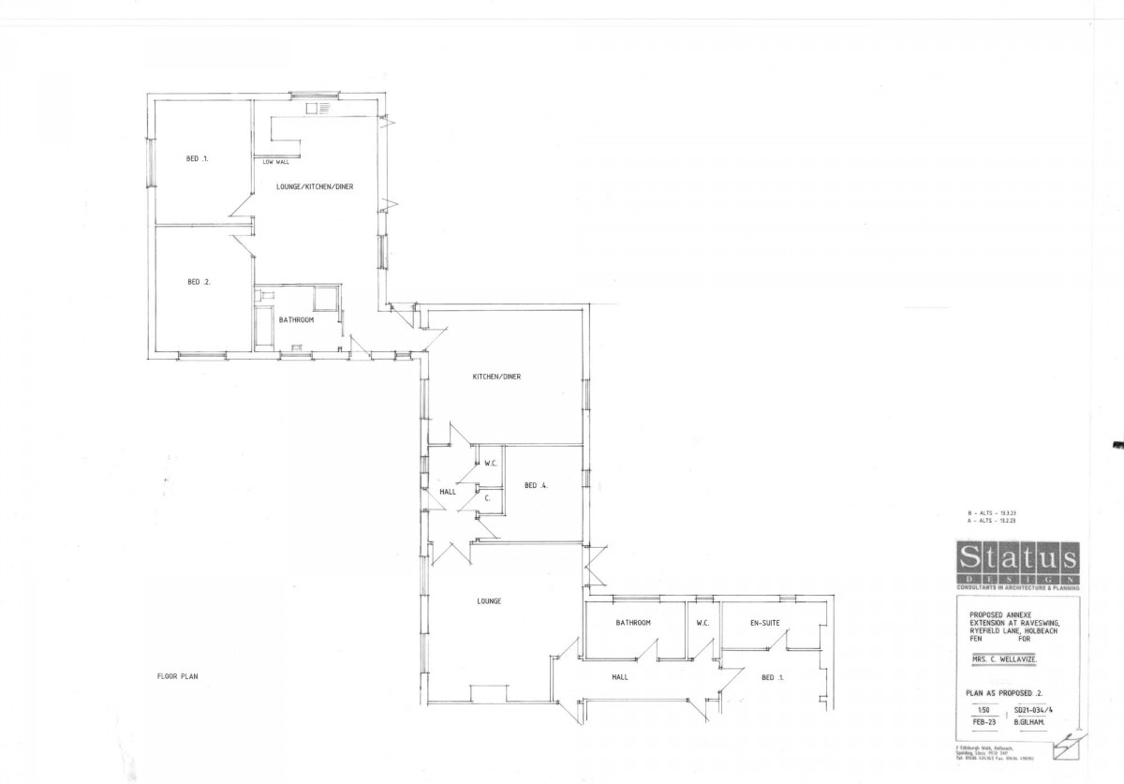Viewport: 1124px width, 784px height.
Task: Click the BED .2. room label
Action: coord(199,282)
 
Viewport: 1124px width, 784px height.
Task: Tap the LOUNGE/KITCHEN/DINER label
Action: coord(314,186)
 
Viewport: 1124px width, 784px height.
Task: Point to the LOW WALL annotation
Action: coord(275,162)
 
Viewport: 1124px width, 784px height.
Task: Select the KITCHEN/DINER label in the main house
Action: coord(495,377)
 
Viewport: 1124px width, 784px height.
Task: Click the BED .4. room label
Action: coord(536,485)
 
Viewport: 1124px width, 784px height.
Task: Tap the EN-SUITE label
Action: coord(766,622)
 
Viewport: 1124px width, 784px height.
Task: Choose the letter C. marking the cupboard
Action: coord(488,498)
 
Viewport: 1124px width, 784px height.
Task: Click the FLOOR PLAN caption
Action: coord(177,675)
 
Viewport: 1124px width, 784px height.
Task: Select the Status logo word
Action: coord(1016,559)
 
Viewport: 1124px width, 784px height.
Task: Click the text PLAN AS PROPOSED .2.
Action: coord(1004,693)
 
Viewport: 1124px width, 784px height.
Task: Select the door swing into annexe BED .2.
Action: coord(242,245)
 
